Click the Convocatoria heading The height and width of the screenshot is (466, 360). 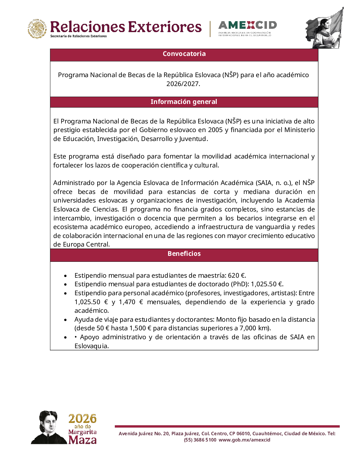tap(184, 54)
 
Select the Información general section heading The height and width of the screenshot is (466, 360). tap(184, 102)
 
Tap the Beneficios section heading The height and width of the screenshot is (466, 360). tap(184, 254)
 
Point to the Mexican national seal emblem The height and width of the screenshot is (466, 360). tap(37, 29)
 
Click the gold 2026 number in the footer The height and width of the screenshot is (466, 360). tap(82, 419)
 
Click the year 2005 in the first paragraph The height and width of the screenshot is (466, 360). tap(215, 130)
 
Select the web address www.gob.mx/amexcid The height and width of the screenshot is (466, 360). tap(244, 440)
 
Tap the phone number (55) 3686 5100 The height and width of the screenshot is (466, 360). tap(200, 440)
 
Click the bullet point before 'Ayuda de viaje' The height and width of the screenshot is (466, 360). tap(66, 320)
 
